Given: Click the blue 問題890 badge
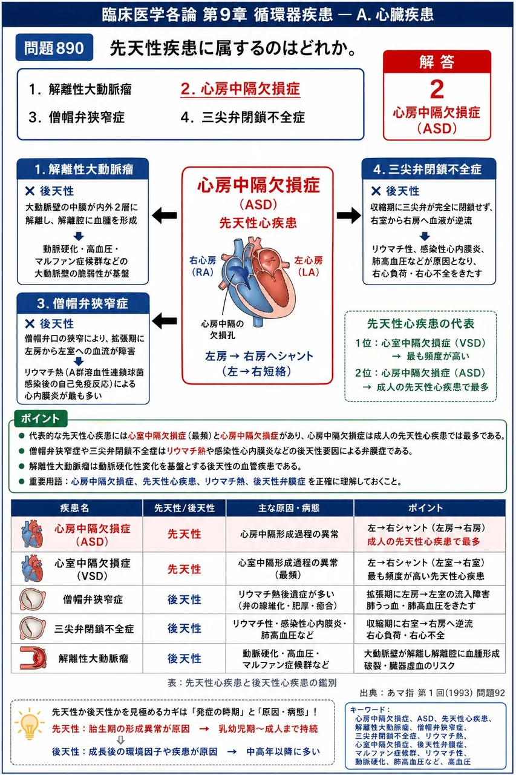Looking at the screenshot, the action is (x=54, y=47).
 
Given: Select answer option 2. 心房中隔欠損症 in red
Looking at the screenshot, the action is (x=240, y=89).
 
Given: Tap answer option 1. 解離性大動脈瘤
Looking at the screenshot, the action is (x=80, y=89).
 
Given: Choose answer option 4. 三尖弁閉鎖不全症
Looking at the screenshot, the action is (x=243, y=117).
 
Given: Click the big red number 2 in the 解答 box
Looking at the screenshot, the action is (x=437, y=89).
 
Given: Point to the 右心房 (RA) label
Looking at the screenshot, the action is (x=203, y=266).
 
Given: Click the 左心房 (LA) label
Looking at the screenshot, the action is (x=309, y=266).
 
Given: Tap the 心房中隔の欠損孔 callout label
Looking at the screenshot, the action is (x=223, y=329).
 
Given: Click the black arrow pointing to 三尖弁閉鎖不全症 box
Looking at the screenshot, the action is (x=348, y=215).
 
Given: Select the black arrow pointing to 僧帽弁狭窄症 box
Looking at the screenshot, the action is (x=164, y=320).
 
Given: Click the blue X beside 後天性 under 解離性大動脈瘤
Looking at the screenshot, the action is (x=30, y=191).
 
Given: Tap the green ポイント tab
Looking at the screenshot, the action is (x=41, y=418).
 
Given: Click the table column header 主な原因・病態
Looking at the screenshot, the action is (x=289, y=508).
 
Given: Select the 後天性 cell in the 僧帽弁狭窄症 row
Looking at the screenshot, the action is (x=185, y=599).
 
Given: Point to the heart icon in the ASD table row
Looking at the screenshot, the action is (x=32, y=534).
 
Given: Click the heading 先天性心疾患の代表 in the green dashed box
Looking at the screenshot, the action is (x=420, y=323).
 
